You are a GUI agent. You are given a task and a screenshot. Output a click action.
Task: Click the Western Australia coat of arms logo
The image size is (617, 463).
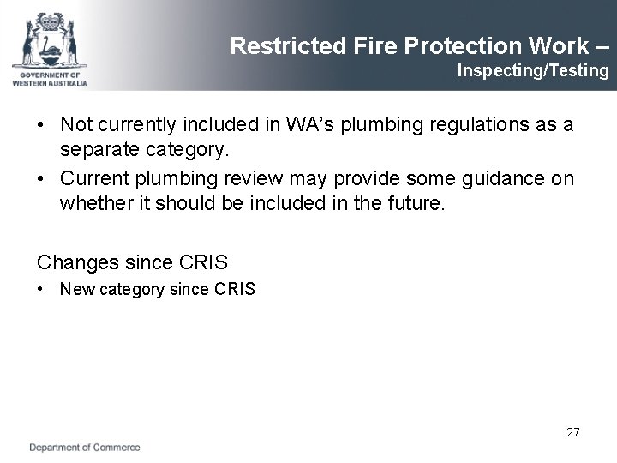(x=50, y=38)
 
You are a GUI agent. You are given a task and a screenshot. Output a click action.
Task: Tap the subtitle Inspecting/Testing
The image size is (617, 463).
(x=533, y=70)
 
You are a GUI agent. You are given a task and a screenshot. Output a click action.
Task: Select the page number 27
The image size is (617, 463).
(x=573, y=432)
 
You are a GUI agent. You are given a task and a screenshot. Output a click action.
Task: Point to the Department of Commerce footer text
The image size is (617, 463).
(x=85, y=448)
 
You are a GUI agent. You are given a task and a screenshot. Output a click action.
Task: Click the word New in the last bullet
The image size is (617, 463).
(x=74, y=290)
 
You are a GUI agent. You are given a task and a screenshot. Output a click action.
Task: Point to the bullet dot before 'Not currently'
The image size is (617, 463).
(x=41, y=126)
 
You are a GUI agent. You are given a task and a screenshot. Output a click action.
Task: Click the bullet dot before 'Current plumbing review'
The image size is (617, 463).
(x=41, y=178)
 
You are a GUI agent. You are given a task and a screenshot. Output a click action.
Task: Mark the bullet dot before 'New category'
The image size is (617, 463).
(x=41, y=290)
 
